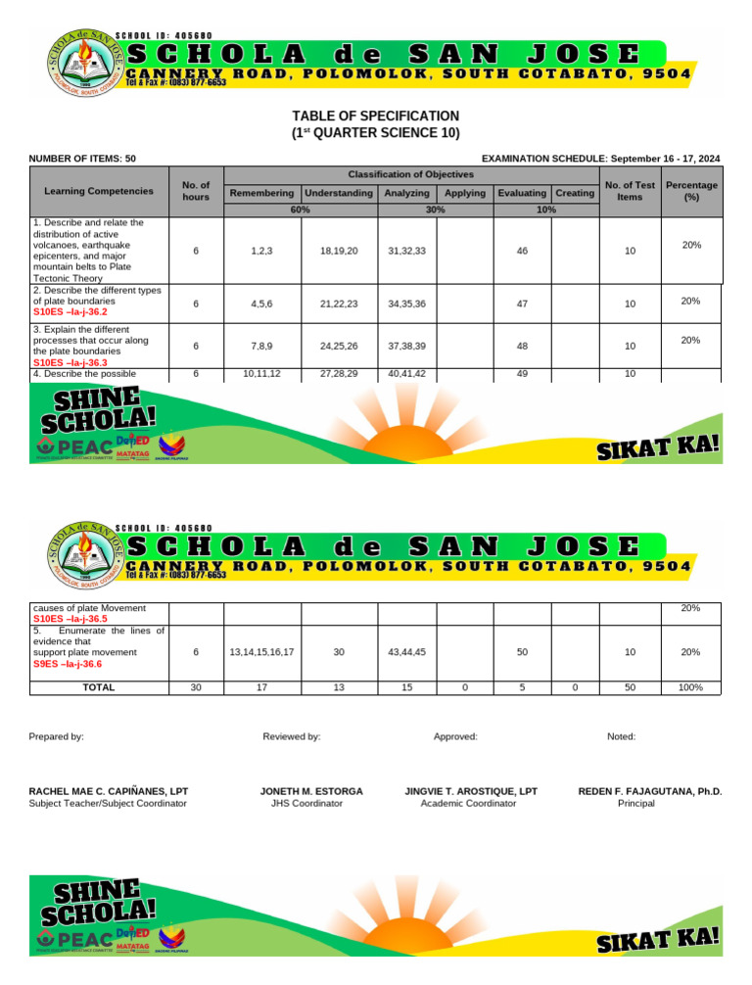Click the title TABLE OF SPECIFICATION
375,116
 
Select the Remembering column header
261,194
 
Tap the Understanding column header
340,194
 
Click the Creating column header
575,194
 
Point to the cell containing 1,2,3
261,252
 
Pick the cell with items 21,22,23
339,304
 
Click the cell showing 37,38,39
406,346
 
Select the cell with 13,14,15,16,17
261,652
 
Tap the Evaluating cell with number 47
522,304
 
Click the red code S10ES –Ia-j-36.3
68,361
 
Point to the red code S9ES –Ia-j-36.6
67,664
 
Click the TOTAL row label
98,687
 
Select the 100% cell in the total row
690,687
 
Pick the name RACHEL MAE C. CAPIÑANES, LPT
109,790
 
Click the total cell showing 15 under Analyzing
406,687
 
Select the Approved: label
455,735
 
